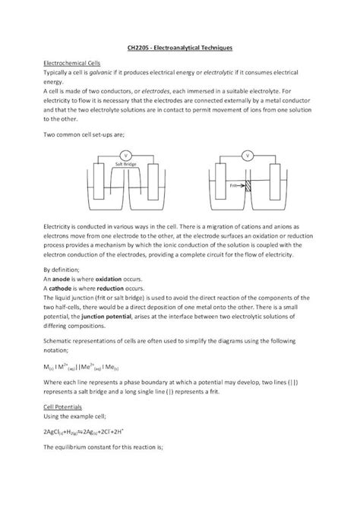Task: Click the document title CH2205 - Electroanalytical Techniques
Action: (179, 48)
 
